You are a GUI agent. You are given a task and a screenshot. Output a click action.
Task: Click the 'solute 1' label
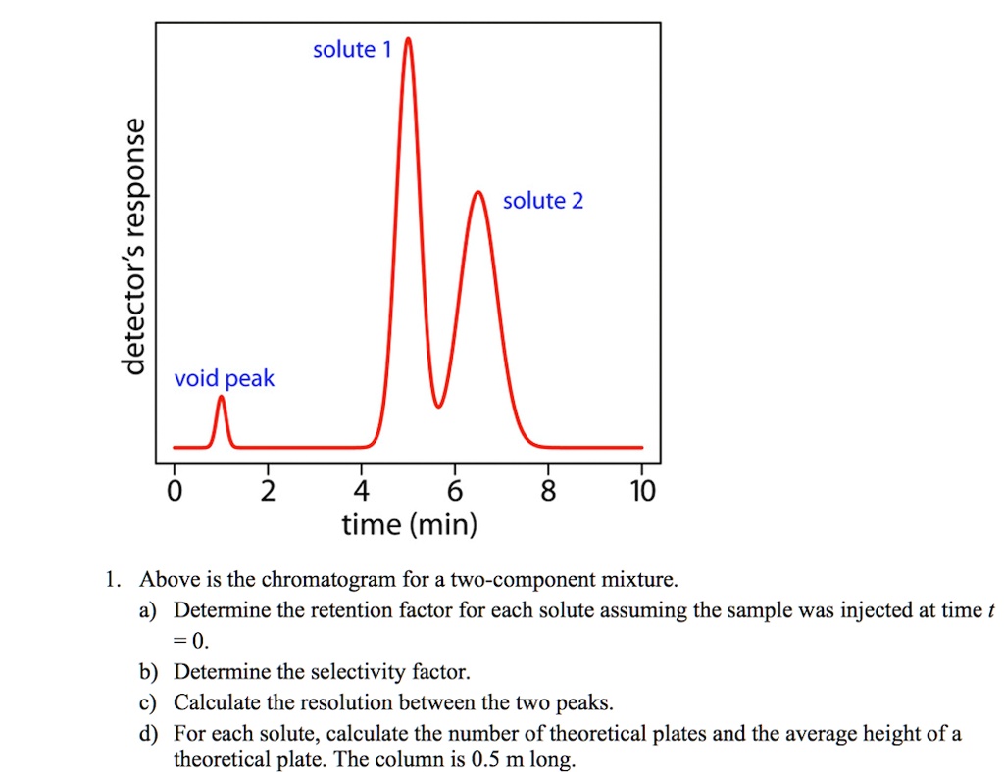[351, 50]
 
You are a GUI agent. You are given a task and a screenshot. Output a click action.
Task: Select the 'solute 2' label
[542, 201]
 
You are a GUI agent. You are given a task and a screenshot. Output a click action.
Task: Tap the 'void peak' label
[225, 378]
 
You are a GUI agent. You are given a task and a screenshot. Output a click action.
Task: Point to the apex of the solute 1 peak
[408, 39]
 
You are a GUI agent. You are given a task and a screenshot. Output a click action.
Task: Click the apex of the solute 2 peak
[478, 193]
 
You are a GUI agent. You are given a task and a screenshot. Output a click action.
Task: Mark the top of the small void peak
[221, 397]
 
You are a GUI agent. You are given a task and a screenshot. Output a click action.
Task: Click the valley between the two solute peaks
[439, 406]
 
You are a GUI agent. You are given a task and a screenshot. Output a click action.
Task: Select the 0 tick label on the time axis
[175, 490]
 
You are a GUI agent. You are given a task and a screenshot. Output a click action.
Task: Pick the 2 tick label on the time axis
[268, 490]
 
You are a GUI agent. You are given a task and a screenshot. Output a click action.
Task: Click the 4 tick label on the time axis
[361, 490]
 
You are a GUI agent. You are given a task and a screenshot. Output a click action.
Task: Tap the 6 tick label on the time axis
[454, 490]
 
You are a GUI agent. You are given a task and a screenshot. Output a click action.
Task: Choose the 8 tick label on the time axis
[547, 490]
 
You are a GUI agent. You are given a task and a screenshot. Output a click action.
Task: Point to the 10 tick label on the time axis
[641, 490]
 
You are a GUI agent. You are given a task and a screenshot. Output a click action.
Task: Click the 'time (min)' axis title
[409, 526]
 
